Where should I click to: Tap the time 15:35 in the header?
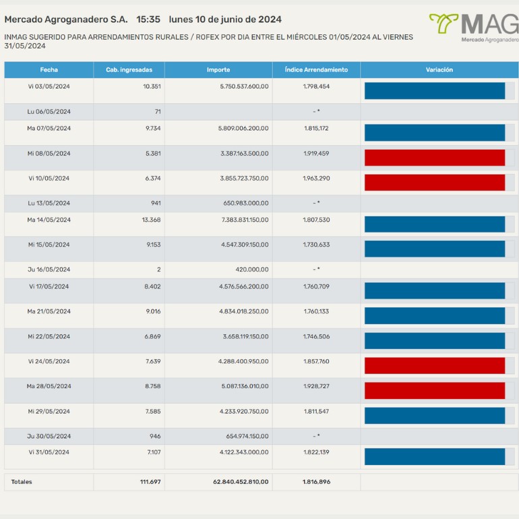click(148, 20)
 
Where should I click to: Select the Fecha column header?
click(49, 70)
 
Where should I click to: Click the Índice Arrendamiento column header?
click(316, 70)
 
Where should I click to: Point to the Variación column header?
click(439, 70)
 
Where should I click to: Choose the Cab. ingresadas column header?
click(129, 70)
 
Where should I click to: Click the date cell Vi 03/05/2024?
click(49, 87)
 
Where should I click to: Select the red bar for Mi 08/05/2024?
click(435, 157)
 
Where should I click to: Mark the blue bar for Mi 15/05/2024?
click(435, 249)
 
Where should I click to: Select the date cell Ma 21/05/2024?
click(49, 311)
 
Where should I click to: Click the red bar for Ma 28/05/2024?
click(435, 390)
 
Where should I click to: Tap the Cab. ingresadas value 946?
click(155, 436)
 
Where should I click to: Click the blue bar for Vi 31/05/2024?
click(435, 456)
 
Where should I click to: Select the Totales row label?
click(22, 482)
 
